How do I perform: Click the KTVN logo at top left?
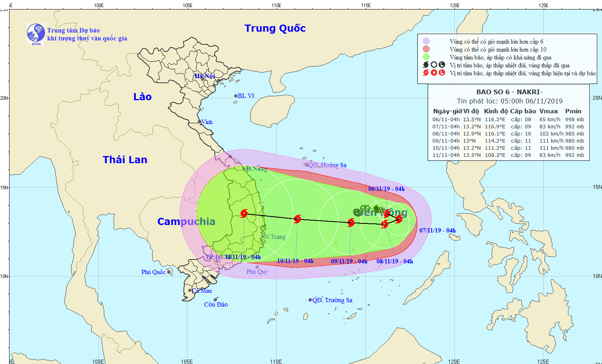click(x=36, y=33)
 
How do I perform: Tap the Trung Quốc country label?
click(x=275, y=28)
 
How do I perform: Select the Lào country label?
click(x=142, y=97)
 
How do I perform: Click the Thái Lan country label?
click(x=125, y=160)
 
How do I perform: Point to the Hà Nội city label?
click(x=204, y=76)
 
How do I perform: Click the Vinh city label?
click(x=207, y=122)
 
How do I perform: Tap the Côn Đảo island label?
click(x=216, y=304)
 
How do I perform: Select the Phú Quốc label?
click(x=153, y=272)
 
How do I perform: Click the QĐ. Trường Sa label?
click(x=332, y=300)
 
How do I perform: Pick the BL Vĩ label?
click(x=246, y=96)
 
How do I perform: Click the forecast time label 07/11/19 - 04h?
click(x=437, y=231)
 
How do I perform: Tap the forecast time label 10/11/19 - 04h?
click(x=295, y=261)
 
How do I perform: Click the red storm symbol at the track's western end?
click(x=244, y=214)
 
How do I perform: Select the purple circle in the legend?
click(x=426, y=41)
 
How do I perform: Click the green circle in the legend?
click(x=426, y=57)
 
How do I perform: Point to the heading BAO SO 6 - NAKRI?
click(x=509, y=92)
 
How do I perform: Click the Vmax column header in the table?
click(x=548, y=111)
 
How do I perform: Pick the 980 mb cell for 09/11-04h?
click(x=574, y=141)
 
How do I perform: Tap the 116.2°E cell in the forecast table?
click(x=495, y=120)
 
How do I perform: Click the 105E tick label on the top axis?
click(x=187, y=5)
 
